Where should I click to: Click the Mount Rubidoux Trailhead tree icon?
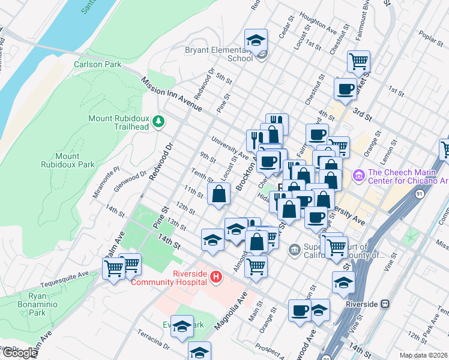tap(158, 122)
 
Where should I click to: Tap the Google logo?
tap(19, 352)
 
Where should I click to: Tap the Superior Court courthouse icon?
tap(294, 249)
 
